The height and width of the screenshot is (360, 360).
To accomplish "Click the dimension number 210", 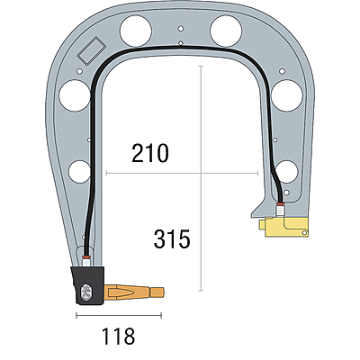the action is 150,153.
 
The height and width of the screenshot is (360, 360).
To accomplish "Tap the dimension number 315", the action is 172,239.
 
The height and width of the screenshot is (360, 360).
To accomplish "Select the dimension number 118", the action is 119,336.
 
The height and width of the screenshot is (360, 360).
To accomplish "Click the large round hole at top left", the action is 136,31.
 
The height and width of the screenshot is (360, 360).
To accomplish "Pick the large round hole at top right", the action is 226,31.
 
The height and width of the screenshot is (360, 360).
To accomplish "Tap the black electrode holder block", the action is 88,285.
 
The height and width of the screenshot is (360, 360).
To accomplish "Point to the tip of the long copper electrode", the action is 164,292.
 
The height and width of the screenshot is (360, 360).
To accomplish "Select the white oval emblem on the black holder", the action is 87,292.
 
